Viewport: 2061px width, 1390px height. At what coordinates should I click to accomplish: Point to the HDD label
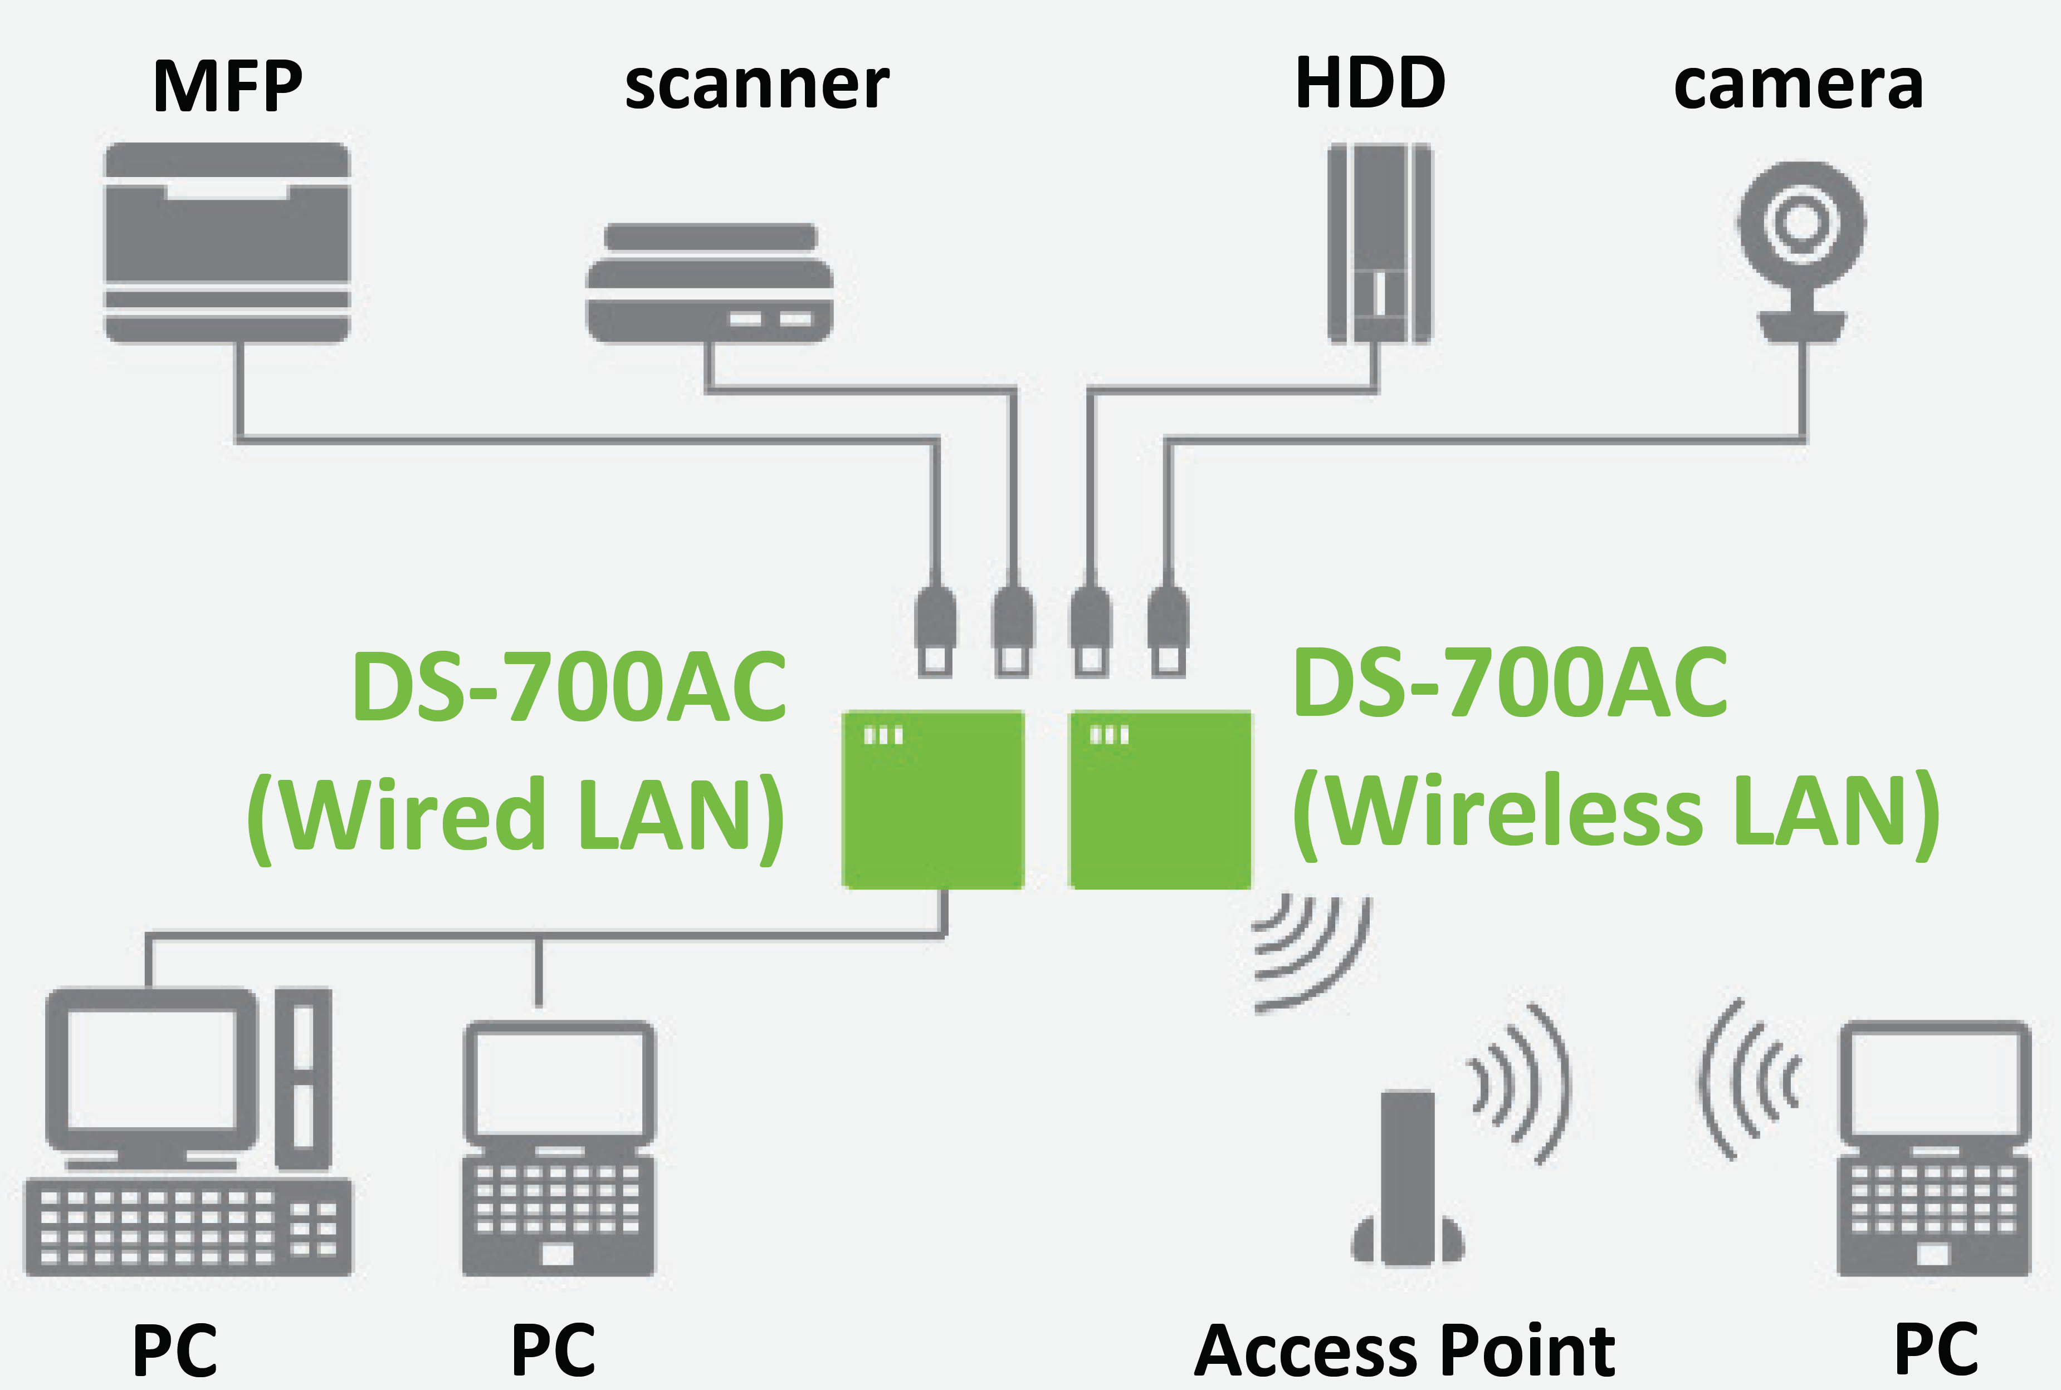coord(1370,84)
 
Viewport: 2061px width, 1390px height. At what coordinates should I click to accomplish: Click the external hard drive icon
coord(1379,244)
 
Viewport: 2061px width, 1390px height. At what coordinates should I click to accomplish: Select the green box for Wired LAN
coord(933,799)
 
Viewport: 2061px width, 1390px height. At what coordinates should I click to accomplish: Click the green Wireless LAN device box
coord(1160,799)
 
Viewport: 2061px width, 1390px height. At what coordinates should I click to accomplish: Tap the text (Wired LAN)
coord(516,814)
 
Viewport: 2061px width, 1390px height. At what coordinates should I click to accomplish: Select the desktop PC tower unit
coord(303,1078)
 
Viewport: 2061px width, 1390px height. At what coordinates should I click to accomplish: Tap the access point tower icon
coord(1408,1179)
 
